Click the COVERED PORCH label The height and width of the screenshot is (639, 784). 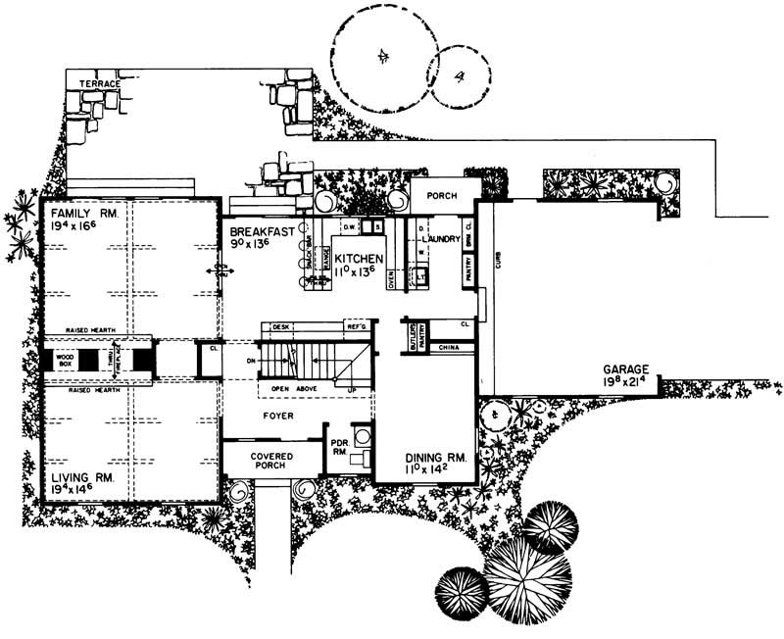pos(273,460)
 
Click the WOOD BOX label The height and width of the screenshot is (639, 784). pos(66,360)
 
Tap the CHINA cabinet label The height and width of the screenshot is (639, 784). pos(450,347)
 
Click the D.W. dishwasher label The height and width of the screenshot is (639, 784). pos(348,227)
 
